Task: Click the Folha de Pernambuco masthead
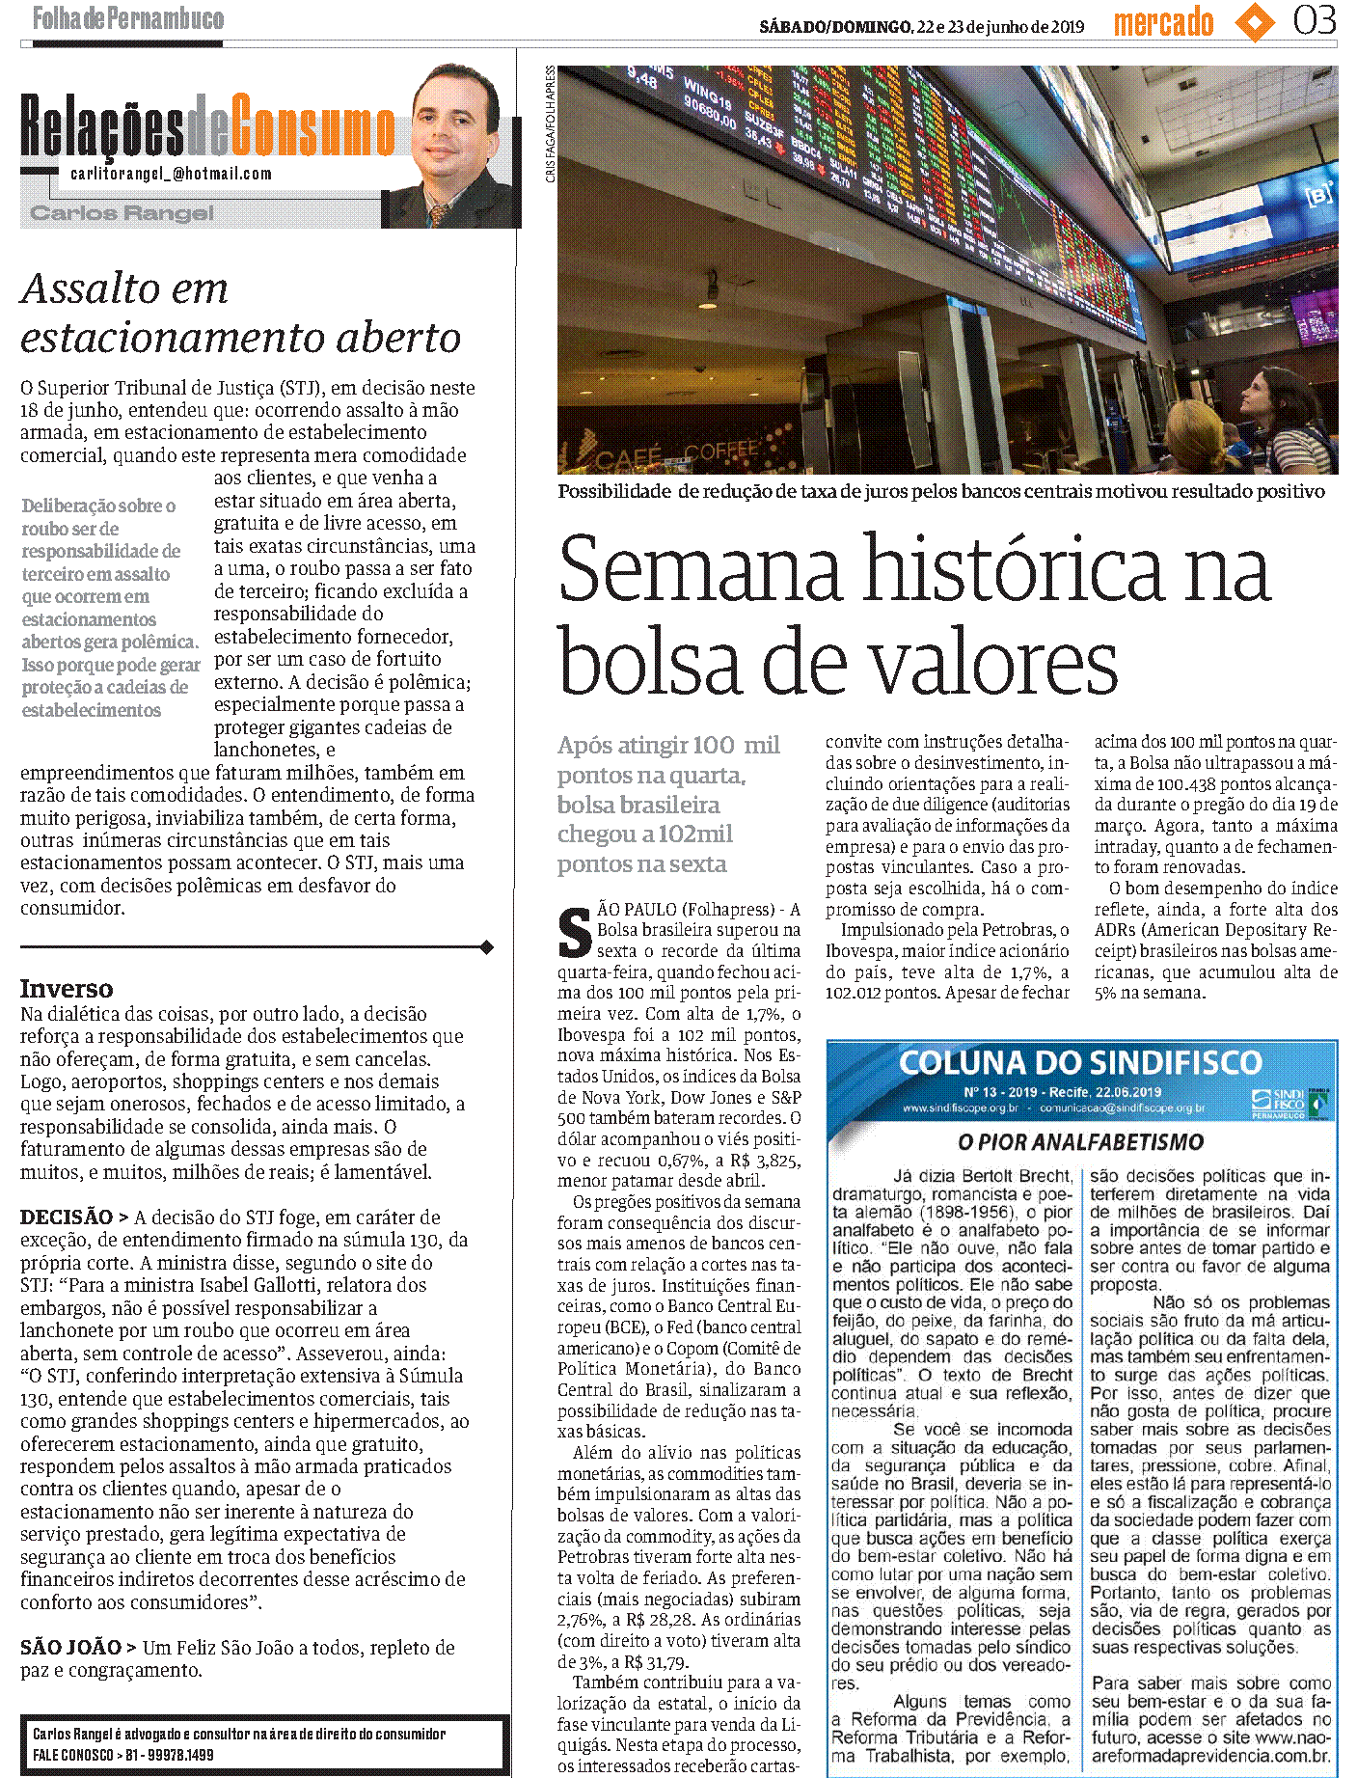click(128, 18)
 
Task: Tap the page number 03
click(1315, 20)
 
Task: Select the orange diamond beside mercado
click(1254, 22)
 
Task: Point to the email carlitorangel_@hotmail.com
click(171, 174)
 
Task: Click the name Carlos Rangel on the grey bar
click(122, 213)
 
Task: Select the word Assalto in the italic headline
click(123, 288)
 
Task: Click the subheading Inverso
click(67, 989)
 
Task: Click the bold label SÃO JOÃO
click(70, 1648)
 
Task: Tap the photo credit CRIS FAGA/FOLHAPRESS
click(551, 124)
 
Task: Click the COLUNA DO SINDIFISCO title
click(1080, 1063)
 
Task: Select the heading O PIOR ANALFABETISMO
click(1080, 1142)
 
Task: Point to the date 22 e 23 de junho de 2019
click(1000, 27)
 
